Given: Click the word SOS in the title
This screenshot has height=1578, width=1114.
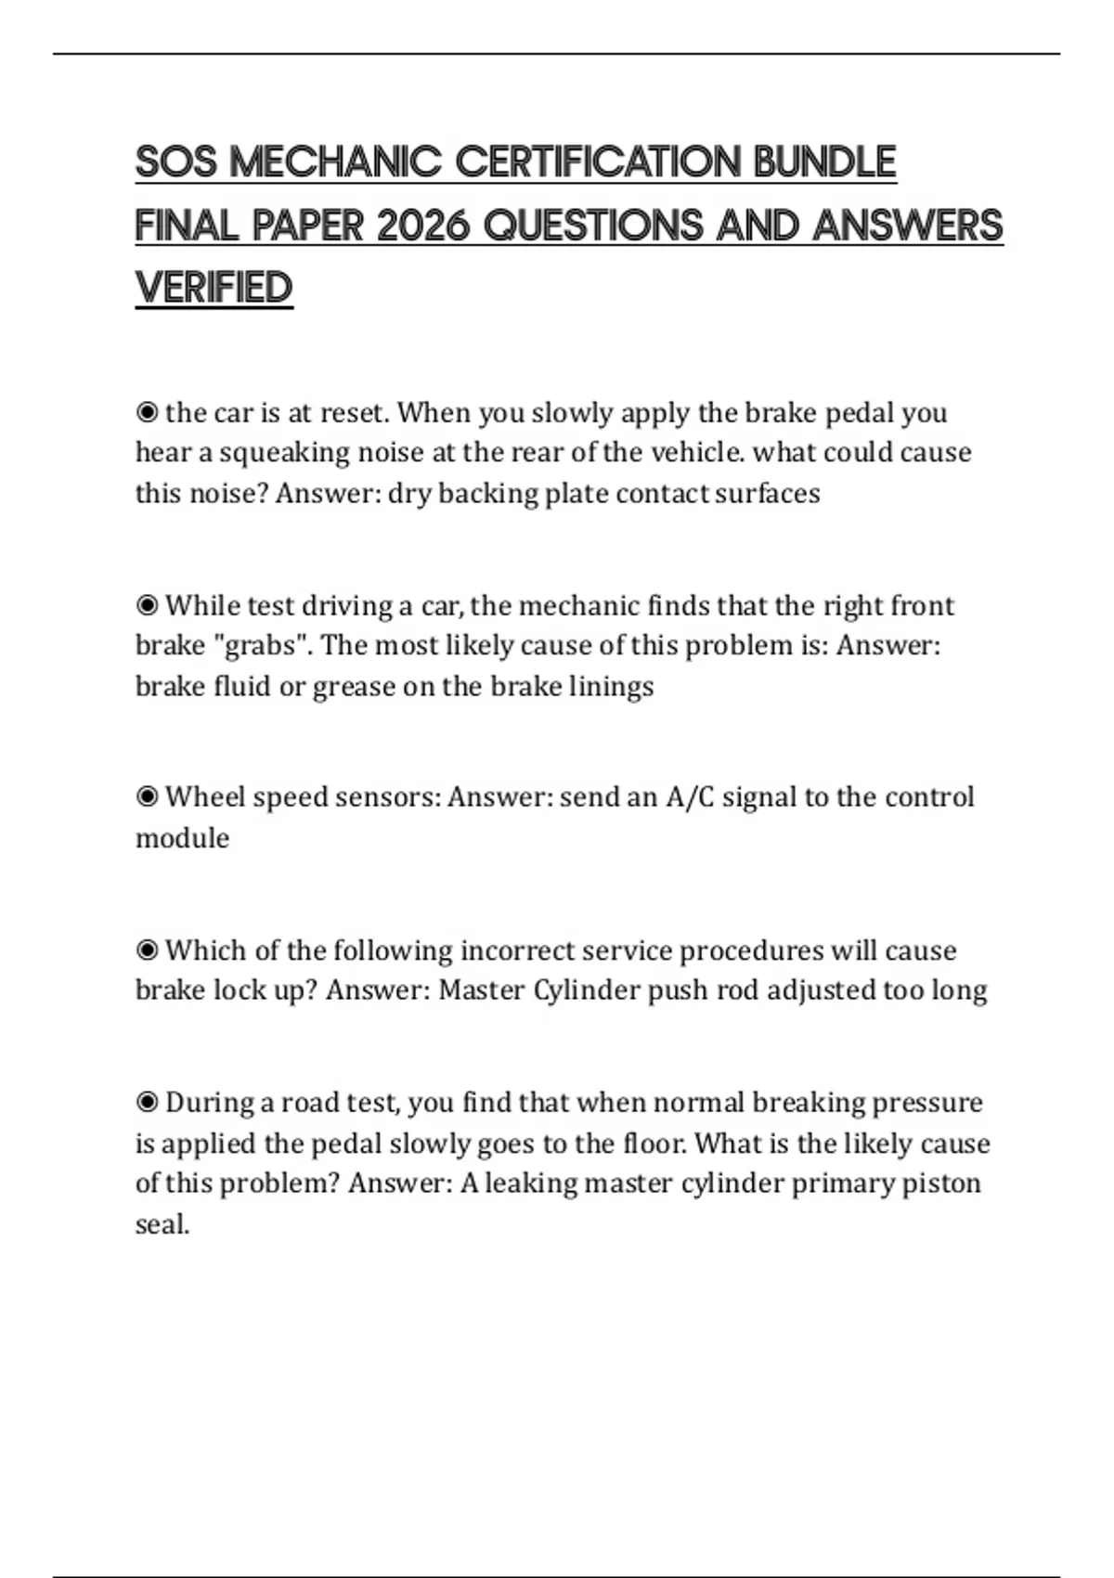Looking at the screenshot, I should (x=175, y=162).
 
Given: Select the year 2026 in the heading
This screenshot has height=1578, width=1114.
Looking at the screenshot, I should (x=422, y=226).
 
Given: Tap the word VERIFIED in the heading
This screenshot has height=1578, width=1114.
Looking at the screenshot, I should (x=214, y=288).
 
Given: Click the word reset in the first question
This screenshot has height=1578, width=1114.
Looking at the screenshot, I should (x=353, y=412).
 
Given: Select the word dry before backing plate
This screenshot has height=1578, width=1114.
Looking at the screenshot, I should (x=409, y=493).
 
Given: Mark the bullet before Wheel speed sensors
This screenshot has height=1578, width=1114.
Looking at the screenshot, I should (x=147, y=797).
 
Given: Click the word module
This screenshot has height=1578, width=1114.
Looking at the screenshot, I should (x=182, y=838).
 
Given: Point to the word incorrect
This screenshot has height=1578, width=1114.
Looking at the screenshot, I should (x=516, y=951).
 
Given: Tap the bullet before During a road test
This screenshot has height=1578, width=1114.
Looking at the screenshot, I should (x=147, y=1103).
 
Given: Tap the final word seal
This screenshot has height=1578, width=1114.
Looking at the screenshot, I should (x=162, y=1224).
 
